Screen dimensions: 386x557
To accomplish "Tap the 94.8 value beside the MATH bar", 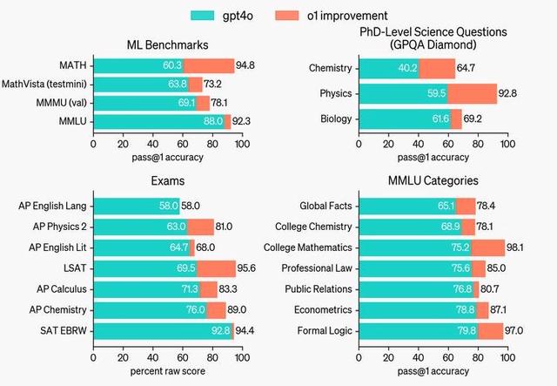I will [x=246, y=65].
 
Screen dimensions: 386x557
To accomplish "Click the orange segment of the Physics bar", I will [x=472, y=94].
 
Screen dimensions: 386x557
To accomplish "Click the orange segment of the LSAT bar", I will [x=216, y=268].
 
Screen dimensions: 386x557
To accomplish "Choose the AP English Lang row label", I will [x=51, y=207].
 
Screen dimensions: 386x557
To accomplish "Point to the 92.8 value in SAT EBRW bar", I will [x=220, y=330].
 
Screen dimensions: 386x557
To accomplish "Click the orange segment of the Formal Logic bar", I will [x=490, y=330].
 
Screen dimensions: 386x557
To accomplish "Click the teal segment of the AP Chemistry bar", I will [x=147, y=309].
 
